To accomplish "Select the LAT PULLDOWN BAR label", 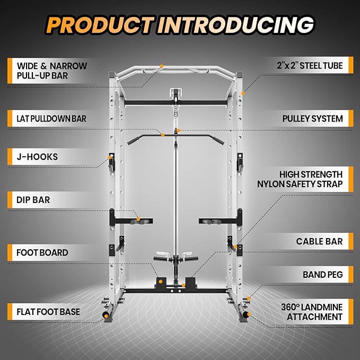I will point(47,118).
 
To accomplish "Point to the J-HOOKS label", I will point(33,157).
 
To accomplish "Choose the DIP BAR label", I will point(29,200).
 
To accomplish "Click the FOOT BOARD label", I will point(41,252).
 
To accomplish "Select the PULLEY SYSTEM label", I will point(313,118).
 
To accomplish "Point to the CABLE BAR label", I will point(319,241).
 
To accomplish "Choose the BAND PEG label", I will point(323,275).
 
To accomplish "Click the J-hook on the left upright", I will point(113,162).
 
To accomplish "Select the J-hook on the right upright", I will point(239,162).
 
